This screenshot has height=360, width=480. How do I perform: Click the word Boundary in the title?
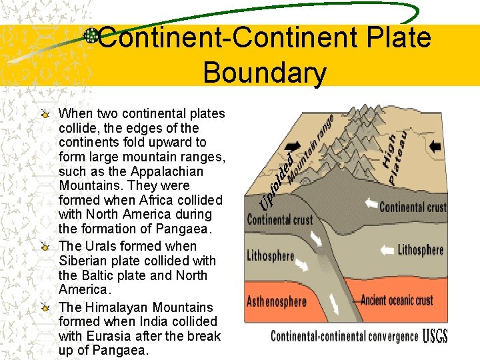(x=265, y=73)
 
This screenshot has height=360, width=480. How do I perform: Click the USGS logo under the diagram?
(x=435, y=335)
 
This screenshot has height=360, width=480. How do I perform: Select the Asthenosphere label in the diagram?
(x=277, y=301)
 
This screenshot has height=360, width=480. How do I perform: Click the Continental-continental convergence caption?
(x=344, y=336)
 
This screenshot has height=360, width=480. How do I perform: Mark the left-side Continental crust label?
(x=280, y=219)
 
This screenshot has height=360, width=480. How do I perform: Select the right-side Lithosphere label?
(x=420, y=251)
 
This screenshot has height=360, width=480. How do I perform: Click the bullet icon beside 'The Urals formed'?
(x=46, y=246)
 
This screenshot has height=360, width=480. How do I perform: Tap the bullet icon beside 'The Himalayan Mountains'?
(x=46, y=307)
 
